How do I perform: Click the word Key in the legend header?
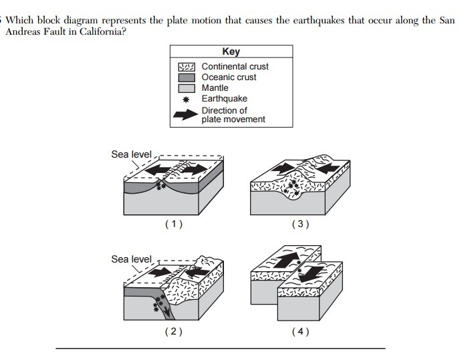[x=231, y=51]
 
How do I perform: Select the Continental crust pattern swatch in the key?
[x=186, y=67]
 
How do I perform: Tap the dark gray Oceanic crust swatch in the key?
[x=186, y=77]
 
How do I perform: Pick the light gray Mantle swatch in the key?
[x=186, y=88]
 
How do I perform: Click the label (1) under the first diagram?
[x=172, y=224]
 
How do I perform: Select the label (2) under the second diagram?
[x=172, y=331]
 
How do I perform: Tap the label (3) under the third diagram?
[x=300, y=224]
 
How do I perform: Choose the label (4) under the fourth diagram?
[x=300, y=331]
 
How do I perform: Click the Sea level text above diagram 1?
[x=131, y=155]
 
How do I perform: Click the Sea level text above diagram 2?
[x=131, y=259]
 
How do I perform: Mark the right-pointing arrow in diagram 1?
[x=195, y=171]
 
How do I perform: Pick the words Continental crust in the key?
[x=235, y=67]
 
